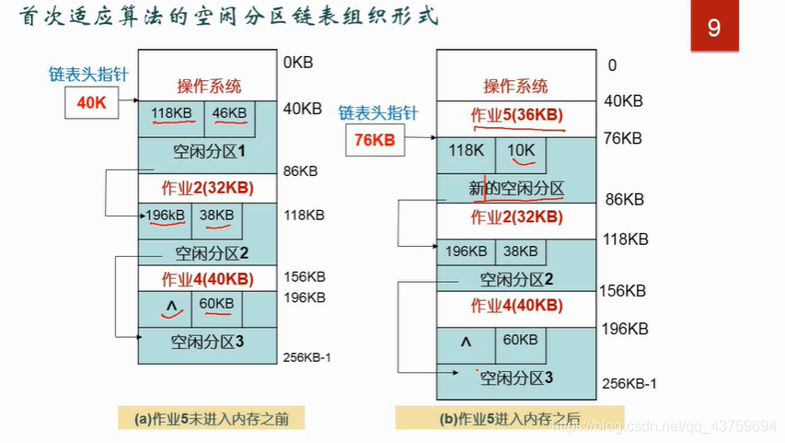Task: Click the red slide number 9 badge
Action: click(x=714, y=28)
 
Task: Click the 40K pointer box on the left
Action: click(x=92, y=103)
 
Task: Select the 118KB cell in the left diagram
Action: click(x=171, y=113)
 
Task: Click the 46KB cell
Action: click(x=229, y=113)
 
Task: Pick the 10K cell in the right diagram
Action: click(x=520, y=150)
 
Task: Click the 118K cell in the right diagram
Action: click(x=466, y=150)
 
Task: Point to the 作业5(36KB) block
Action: click(x=516, y=115)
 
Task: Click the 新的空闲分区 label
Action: click(x=516, y=189)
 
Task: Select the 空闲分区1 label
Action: click(x=209, y=150)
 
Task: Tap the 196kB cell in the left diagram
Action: click(x=166, y=216)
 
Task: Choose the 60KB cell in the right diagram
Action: click(x=520, y=339)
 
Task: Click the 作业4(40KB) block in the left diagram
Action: click(x=207, y=279)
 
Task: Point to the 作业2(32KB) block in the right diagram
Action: click(x=516, y=217)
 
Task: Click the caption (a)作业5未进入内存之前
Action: click(x=211, y=418)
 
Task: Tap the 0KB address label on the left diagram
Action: click(x=300, y=64)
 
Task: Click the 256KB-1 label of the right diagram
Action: click(x=629, y=384)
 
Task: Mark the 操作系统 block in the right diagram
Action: click(x=516, y=87)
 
